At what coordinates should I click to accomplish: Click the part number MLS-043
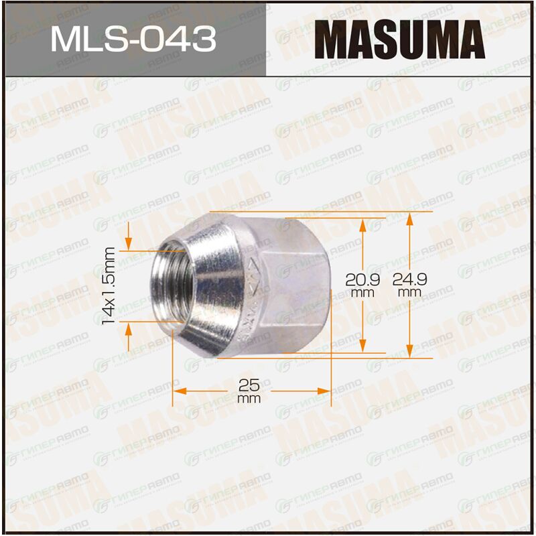tap(133, 39)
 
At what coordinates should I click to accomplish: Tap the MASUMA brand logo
tap(399, 40)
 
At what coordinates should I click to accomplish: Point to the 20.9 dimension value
tap(362, 280)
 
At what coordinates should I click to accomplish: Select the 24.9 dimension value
tap(409, 279)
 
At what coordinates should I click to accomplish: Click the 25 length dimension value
tap(249, 386)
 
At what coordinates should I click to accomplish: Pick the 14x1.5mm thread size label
tap(109, 285)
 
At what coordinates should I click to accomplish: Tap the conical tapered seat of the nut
tap(212, 285)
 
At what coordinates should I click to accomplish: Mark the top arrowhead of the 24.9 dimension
tap(409, 219)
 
